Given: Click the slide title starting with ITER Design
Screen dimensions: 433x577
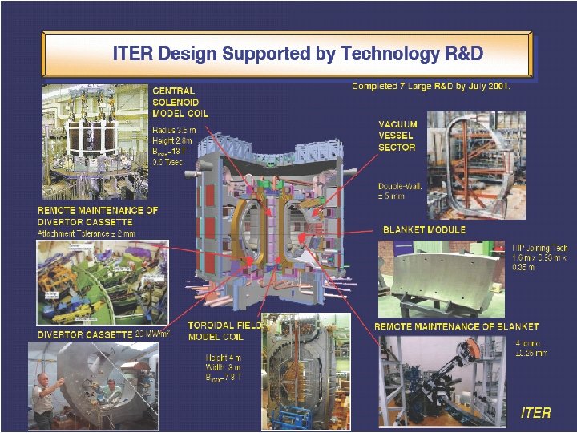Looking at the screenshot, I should point(297,54).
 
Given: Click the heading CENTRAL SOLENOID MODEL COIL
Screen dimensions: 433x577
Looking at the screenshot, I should point(180,103).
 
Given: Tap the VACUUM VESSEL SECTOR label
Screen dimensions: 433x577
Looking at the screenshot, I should point(397,136).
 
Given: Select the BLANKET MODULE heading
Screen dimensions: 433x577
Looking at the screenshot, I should point(424,229).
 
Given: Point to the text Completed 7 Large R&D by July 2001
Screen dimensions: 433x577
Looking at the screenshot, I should point(431,85).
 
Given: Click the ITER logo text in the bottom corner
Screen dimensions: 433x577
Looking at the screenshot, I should point(535,412).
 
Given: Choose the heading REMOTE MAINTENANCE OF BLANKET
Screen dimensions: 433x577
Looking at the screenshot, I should point(456,326).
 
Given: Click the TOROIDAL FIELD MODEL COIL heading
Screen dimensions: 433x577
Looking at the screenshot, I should point(224,331).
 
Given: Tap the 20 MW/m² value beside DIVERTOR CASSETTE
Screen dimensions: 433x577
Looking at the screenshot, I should point(153,334).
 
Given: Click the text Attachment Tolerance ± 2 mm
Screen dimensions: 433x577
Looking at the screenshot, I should point(87,233).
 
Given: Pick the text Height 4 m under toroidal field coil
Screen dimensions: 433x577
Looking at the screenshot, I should point(223,358).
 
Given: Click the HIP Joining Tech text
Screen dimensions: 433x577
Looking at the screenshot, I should point(543,248).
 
